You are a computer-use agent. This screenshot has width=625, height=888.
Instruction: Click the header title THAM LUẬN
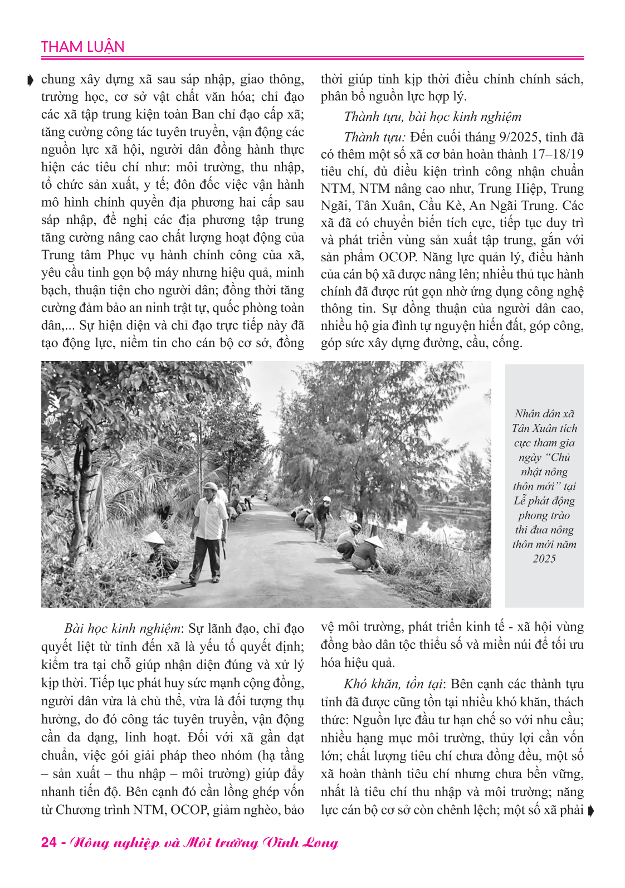pos(82,47)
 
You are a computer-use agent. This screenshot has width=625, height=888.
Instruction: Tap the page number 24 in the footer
pos(49,842)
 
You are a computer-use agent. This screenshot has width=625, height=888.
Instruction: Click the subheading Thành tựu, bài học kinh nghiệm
pos(433,116)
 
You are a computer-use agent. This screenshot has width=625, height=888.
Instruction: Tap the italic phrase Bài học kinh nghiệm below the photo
pos(123,628)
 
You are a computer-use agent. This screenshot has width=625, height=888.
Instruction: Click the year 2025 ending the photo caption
pos(544,559)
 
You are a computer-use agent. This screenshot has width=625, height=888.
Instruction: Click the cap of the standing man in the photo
pos(211,486)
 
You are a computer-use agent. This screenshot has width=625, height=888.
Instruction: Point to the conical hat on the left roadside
pos(153,537)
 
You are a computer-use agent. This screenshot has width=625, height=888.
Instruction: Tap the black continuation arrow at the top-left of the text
pos(30,80)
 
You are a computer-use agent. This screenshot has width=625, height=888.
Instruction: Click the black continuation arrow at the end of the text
pos(590,811)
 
